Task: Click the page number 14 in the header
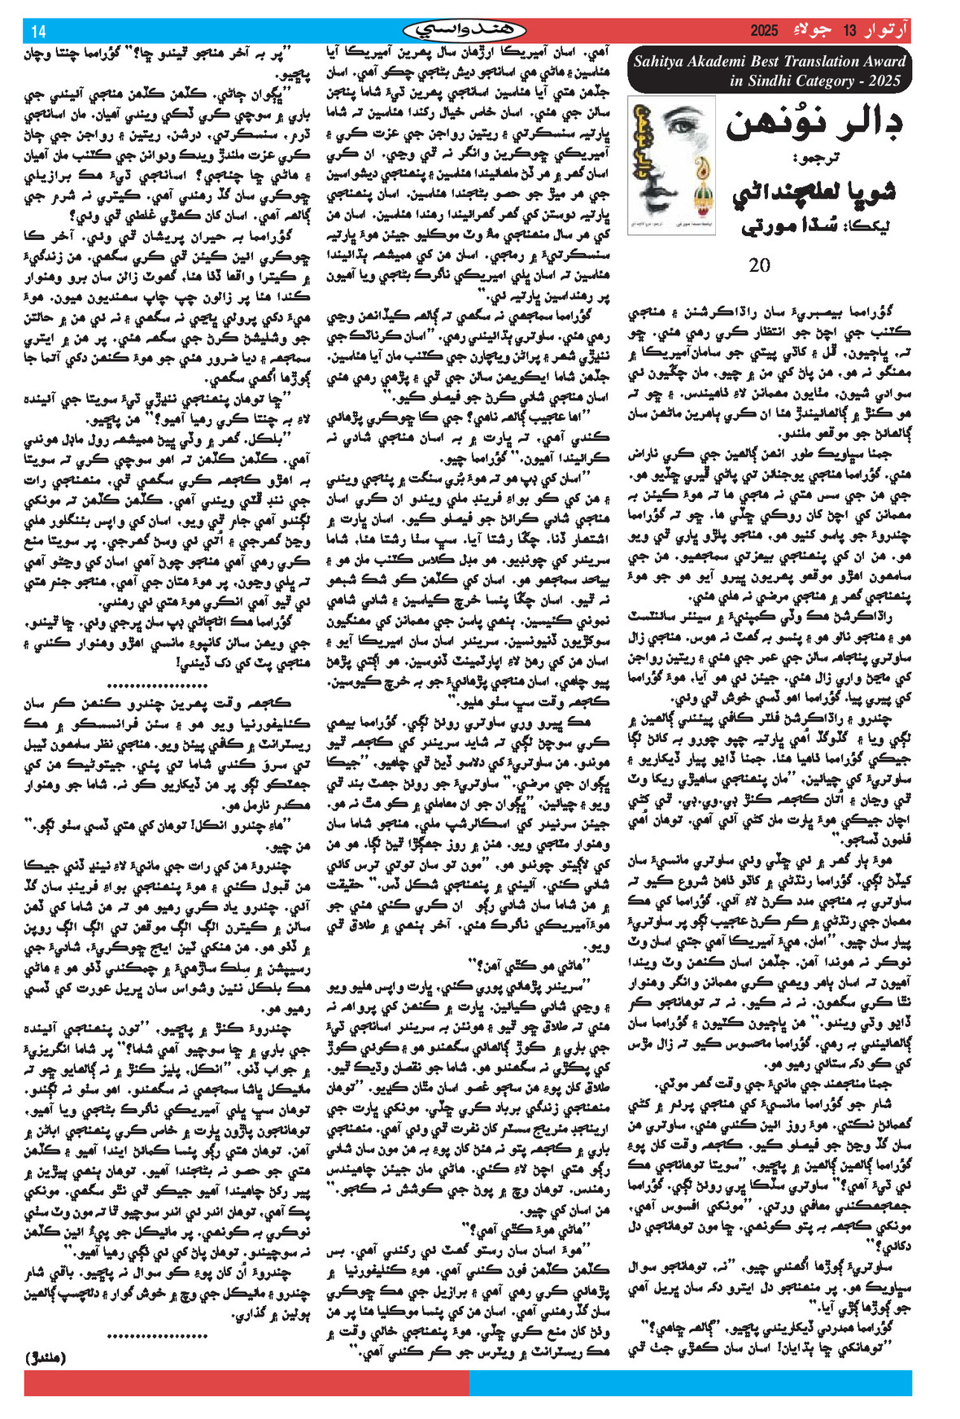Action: [x=38, y=33]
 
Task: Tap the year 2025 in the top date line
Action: [x=764, y=32]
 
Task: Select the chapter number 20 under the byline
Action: [x=759, y=265]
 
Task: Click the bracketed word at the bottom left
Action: [x=46, y=1358]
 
